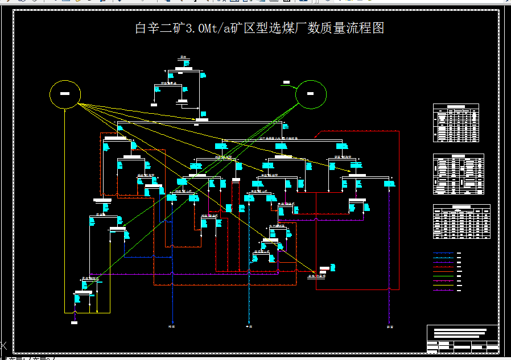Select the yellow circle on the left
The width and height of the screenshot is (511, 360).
65,94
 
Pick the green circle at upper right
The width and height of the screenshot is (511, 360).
311,94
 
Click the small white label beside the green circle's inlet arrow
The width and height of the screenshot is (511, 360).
286,83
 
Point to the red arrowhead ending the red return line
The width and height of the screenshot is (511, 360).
316,137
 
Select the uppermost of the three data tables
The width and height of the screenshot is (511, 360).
456,123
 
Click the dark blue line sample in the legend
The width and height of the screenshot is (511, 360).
444,253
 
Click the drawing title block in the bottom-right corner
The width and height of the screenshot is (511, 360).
463,339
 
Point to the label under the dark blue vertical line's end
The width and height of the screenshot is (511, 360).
172,326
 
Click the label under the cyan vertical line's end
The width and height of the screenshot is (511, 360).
249,326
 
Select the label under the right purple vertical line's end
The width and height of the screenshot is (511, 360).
390,326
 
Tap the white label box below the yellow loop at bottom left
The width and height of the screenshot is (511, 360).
74,322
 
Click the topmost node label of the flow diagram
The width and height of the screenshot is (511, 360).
184,57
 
